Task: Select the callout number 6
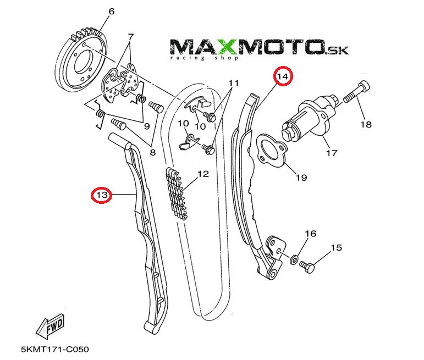pos(111,11)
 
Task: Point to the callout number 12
pos(203,174)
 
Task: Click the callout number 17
pos(331,153)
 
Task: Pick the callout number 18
pos(366,125)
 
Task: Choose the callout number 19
pos(301,178)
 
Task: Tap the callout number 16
pos(311,234)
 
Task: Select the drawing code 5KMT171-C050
pos(54,349)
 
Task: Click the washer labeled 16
pos(295,258)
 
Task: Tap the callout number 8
pos(152,152)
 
